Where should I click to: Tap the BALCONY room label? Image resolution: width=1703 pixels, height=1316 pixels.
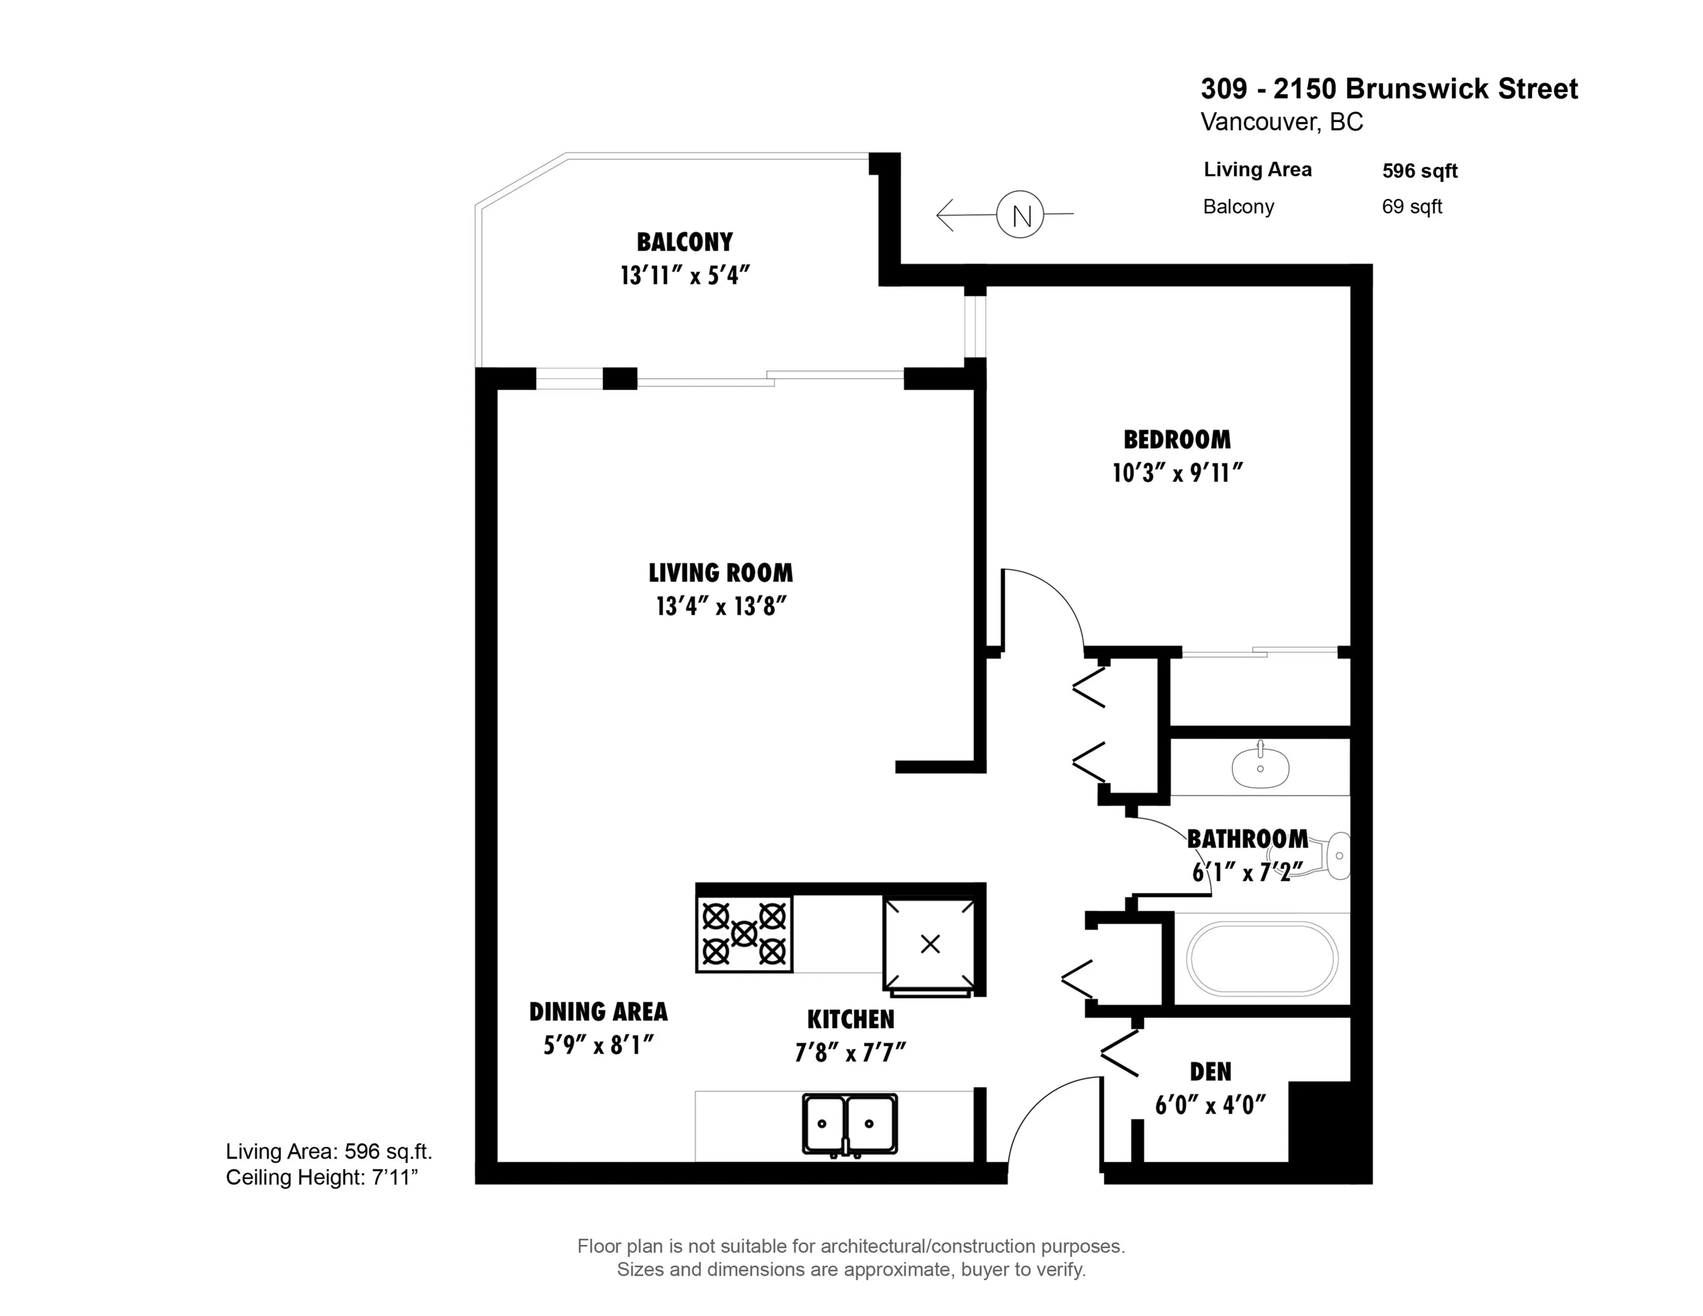(685, 243)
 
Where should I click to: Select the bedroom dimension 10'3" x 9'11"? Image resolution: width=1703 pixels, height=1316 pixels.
(1177, 473)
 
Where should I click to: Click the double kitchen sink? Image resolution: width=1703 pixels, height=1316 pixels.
(849, 1124)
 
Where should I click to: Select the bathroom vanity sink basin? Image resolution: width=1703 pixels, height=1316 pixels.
(1260, 767)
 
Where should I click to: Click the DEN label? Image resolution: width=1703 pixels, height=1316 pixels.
(1210, 1072)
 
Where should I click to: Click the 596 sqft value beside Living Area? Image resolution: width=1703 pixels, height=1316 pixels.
(1419, 171)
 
